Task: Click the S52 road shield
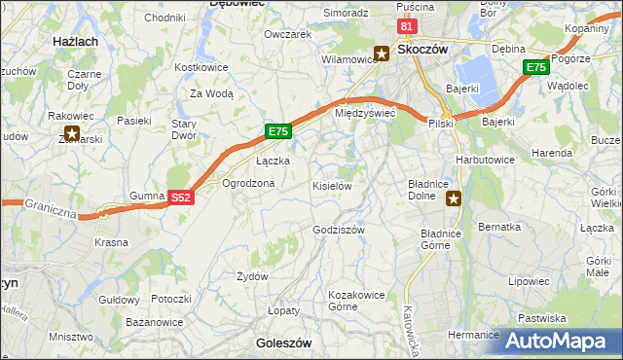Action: [179, 197]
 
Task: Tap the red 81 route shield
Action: [408, 27]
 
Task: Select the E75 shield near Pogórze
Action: [534, 67]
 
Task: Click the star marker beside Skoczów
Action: [383, 54]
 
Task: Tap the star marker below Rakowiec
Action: [71, 133]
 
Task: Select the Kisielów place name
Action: [331, 185]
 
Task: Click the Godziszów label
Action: [339, 230]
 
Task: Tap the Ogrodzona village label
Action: [248, 183]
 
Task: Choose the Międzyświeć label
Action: [364, 113]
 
